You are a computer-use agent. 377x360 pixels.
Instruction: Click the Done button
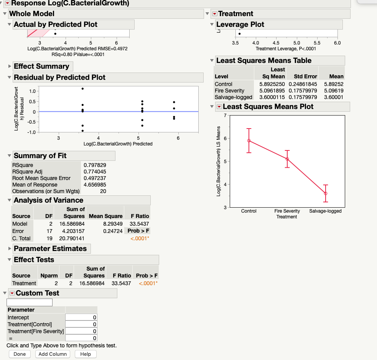[x=20, y=354]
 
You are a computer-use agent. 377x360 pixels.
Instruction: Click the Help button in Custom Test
[x=86, y=354]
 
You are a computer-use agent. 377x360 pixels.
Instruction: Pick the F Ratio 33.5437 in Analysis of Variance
[x=140, y=223]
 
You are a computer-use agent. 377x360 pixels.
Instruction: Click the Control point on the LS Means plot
[x=249, y=140]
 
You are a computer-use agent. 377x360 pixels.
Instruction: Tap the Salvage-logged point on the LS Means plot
[x=326, y=193]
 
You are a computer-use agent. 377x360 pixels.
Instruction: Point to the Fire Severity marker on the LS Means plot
[x=287, y=159]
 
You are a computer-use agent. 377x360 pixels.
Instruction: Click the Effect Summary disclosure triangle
[x=10, y=66]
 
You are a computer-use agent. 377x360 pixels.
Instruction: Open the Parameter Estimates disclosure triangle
[x=10, y=249]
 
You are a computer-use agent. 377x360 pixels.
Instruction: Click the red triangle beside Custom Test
[x=12, y=293]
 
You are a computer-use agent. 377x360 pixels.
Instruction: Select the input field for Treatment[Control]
[x=81, y=324]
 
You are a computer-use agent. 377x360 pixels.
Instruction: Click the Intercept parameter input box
[x=81, y=317]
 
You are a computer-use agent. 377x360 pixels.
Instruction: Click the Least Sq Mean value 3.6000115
[x=272, y=97]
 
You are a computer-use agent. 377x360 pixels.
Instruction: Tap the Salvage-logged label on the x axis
[x=325, y=211]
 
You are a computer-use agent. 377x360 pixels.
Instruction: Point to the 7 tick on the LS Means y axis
[x=226, y=116]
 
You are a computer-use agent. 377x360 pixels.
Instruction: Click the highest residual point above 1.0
[x=82, y=89]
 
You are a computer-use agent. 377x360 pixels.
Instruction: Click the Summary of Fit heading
[x=40, y=156]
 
